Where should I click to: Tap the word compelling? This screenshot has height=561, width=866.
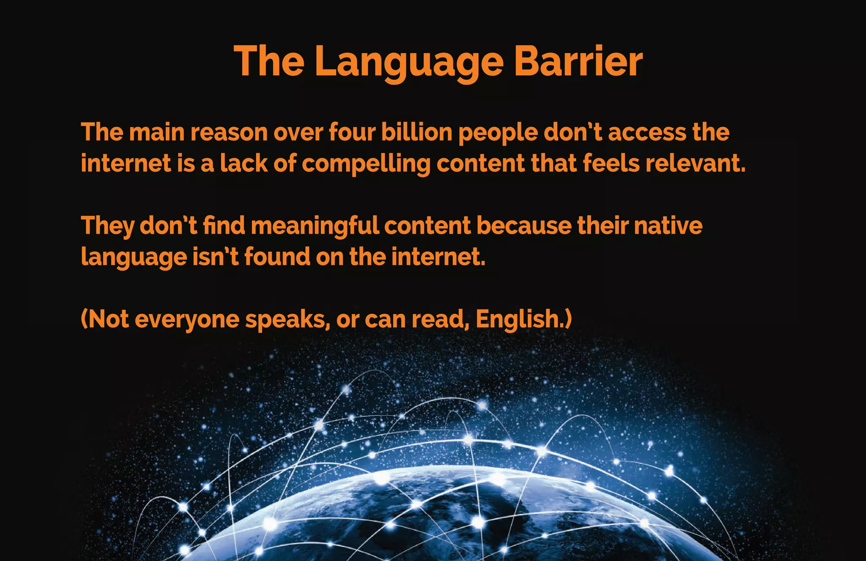click(x=366, y=164)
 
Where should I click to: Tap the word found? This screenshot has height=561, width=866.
click(x=277, y=257)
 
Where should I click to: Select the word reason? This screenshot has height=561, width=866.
click(x=229, y=133)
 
